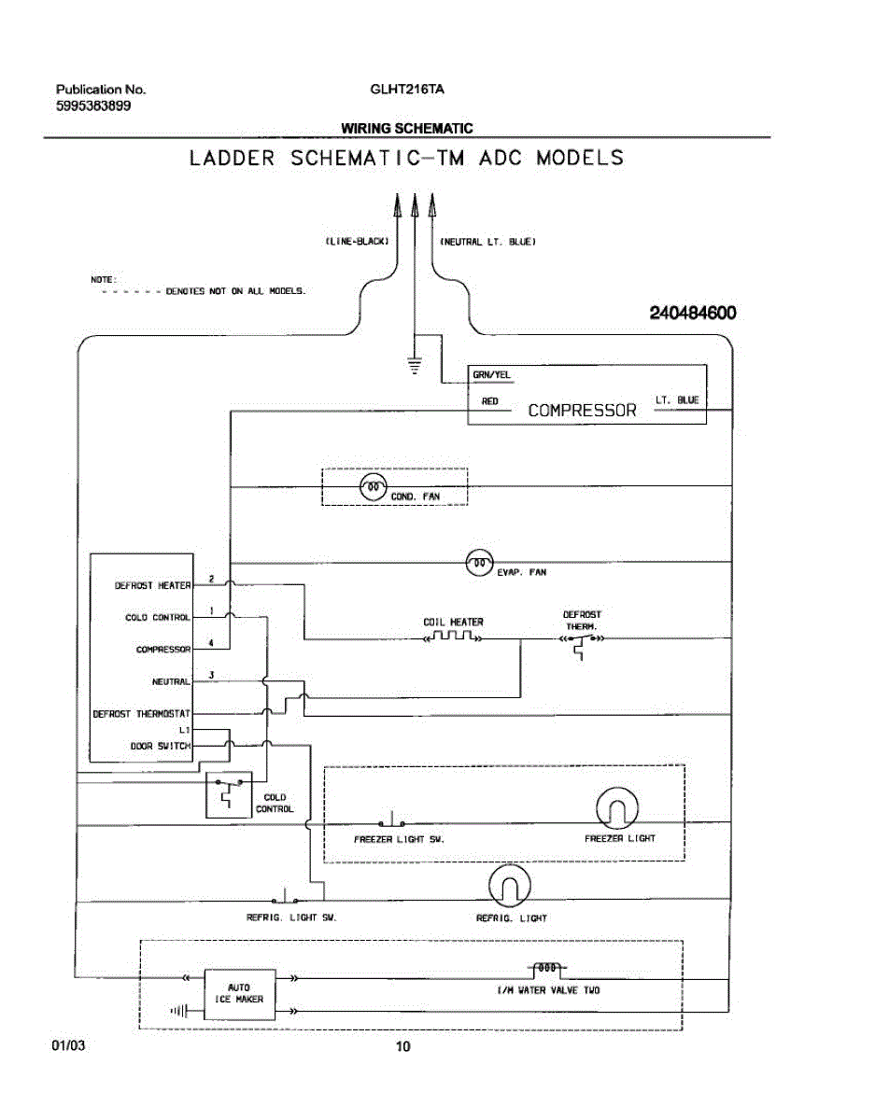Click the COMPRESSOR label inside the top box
pos(582,411)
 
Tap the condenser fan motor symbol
pos(373,486)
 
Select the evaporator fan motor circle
pos(480,562)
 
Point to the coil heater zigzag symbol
pos(453,637)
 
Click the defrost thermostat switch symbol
pos(582,644)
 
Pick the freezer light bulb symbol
pos(616,808)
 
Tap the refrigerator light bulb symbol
pos(510,886)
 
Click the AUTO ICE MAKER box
pos(240,994)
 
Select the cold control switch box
pos(229,795)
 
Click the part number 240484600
pos(693,313)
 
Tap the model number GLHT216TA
pos(407,90)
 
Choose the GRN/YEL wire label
pos(491,374)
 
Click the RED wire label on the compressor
pos(490,401)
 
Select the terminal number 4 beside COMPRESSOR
pos(211,643)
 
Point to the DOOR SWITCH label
pos(161,746)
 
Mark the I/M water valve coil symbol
pos(547,968)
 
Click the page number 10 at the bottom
pos(403,1045)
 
